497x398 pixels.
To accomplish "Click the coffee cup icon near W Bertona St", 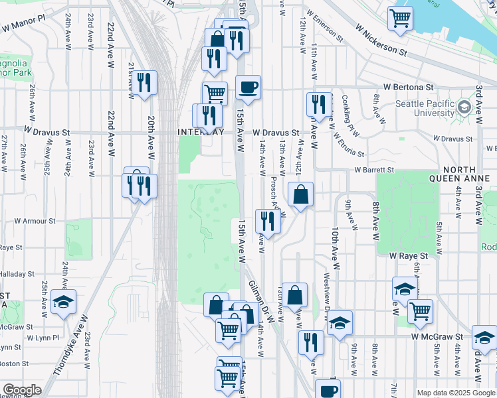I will tap(248, 88).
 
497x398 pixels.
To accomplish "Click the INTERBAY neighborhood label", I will tap(201, 132).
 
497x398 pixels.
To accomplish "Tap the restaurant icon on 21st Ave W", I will tap(143, 83).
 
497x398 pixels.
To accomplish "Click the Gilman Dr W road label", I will tap(262, 295).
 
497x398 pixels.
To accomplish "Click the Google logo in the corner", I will tap(21, 390).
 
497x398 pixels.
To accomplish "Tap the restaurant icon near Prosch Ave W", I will tap(268, 221).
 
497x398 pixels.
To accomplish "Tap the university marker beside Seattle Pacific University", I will tap(464, 107).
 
